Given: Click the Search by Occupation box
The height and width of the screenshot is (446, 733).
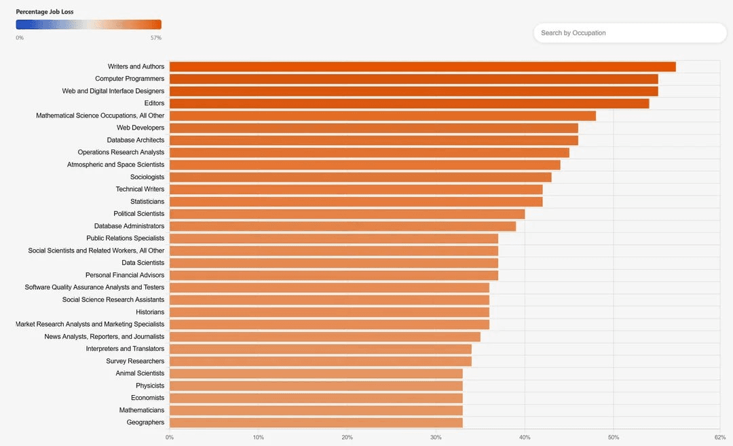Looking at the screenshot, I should [630, 33].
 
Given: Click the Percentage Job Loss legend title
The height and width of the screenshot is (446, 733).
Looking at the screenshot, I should [45, 12].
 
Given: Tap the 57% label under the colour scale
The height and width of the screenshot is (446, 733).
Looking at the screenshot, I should [155, 38].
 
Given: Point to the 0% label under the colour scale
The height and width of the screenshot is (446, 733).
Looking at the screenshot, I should [20, 38].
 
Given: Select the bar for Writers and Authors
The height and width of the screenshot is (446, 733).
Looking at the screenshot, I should [422, 67].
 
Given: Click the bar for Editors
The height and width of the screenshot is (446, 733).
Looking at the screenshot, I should [409, 103].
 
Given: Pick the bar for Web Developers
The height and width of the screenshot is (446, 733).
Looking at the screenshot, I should [373, 128].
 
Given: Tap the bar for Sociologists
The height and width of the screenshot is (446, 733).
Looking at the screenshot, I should [360, 177].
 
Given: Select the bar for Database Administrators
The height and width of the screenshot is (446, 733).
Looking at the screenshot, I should [343, 226].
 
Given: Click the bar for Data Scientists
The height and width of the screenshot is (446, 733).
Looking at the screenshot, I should [334, 263].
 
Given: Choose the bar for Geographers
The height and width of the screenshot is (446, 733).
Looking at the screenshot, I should [316, 422].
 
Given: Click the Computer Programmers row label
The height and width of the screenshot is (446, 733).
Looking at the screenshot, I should [130, 79].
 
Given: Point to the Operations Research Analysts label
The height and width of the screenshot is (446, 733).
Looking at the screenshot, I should [121, 152].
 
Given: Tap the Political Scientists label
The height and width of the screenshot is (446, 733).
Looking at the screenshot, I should [138, 214].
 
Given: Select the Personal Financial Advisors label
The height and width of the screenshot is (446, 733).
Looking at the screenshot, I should [125, 275].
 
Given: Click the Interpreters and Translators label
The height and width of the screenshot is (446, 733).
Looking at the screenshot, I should [125, 349].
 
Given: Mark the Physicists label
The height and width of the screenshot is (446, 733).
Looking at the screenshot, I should [150, 386].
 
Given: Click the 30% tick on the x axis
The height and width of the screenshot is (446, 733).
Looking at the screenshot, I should [436, 437].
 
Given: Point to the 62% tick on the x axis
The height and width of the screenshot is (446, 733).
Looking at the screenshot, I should [720, 437].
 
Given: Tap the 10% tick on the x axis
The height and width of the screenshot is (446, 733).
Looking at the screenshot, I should [258, 437].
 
